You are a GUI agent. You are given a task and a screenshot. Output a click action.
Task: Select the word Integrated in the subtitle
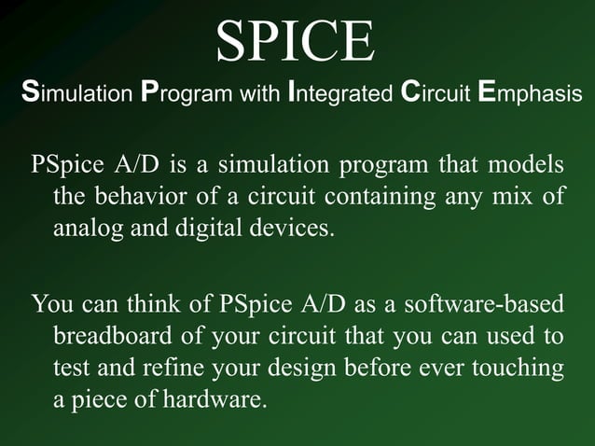tap(341, 94)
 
